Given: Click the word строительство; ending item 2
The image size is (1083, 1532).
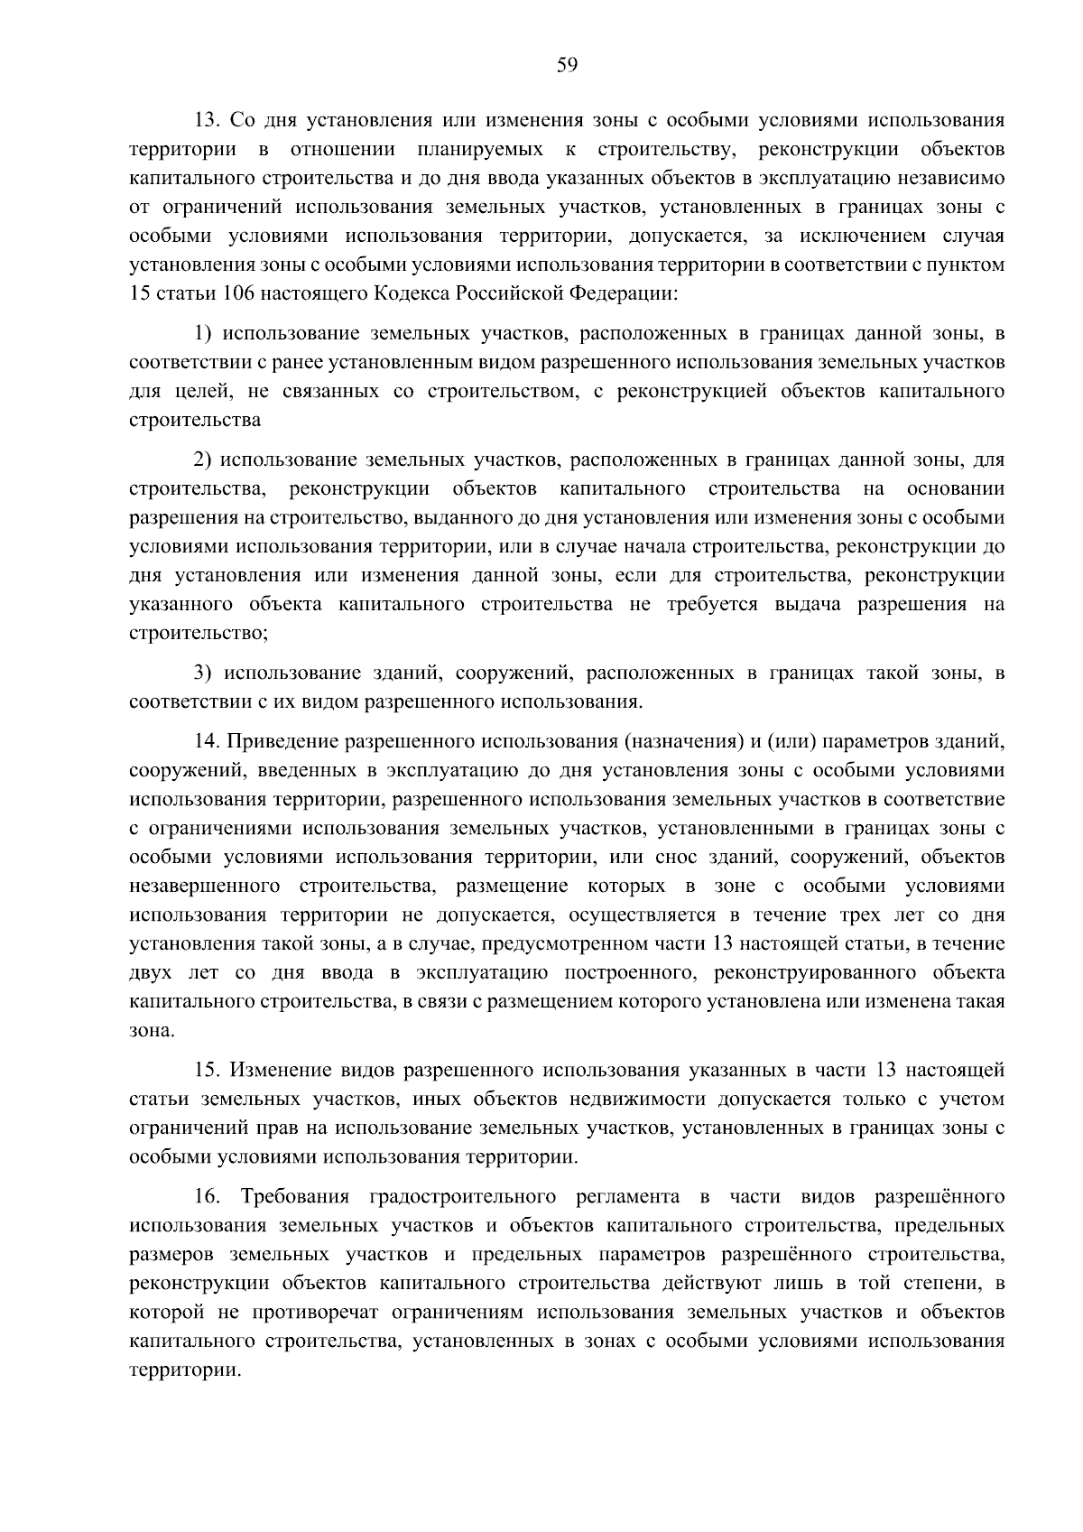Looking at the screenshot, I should click(199, 634).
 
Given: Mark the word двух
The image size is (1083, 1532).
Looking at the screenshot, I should click(150, 973).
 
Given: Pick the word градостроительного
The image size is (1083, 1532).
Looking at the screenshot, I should click(462, 1197).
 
